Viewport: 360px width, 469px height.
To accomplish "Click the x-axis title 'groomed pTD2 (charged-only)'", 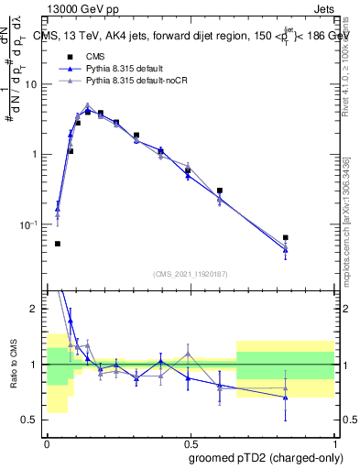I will (267, 456).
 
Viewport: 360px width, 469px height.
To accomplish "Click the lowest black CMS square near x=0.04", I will (58, 244).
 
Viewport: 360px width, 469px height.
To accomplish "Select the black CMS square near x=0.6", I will (220, 191).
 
